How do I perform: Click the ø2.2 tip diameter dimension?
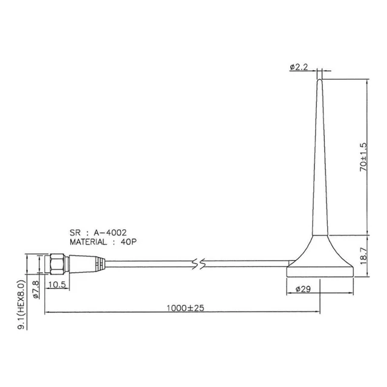(x=300, y=68)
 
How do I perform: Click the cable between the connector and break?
(x=151, y=263)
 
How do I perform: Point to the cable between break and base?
(x=248, y=263)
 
